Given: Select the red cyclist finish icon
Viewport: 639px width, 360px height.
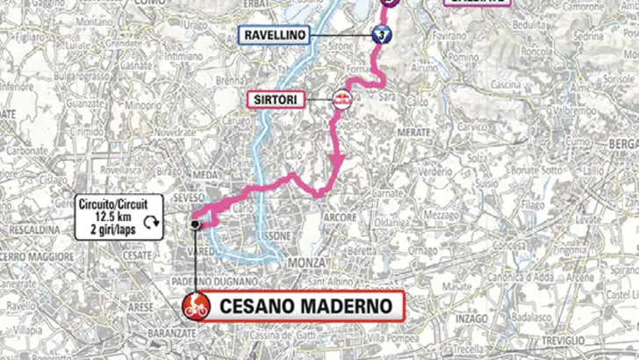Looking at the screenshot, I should (x=194, y=307).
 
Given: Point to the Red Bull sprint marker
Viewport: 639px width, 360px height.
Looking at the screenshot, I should (x=340, y=98).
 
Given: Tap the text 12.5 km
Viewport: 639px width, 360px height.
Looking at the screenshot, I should (x=106, y=211).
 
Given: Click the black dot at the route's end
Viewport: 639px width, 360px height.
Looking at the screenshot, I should (x=195, y=225).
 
